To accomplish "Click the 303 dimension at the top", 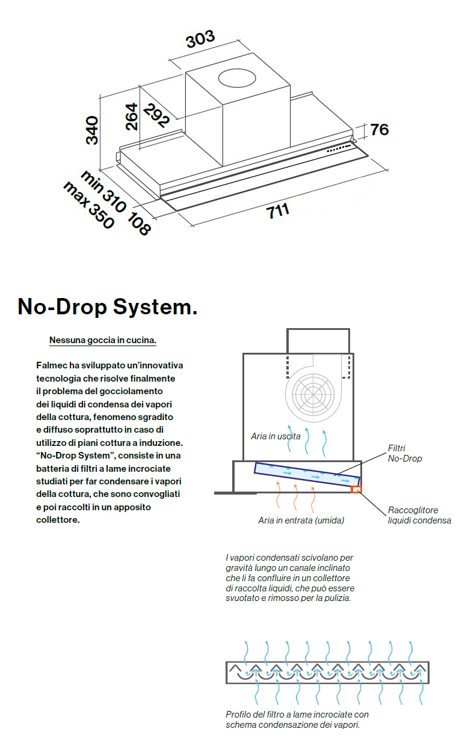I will click(x=200, y=40).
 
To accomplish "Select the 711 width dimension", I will click(x=279, y=211).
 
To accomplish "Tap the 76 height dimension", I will click(x=379, y=129).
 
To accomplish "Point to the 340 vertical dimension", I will click(x=92, y=130).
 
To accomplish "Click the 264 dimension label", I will click(x=131, y=117).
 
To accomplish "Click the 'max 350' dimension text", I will click(x=88, y=205).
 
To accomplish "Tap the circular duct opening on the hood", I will click(x=239, y=78).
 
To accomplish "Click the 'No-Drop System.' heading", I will click(x=108, y=307).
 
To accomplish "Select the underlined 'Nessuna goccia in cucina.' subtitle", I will click(x=102, y=340).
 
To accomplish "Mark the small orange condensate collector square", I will click(x=356, y=489).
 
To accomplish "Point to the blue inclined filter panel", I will click(x=307, y=474).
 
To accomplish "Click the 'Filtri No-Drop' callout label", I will click(x=405, y=453).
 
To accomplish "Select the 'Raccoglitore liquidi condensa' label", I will click(x=419, y=515).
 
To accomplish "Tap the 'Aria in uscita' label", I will click(x=276, y=436).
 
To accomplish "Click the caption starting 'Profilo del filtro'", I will click(x=297, y=719).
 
